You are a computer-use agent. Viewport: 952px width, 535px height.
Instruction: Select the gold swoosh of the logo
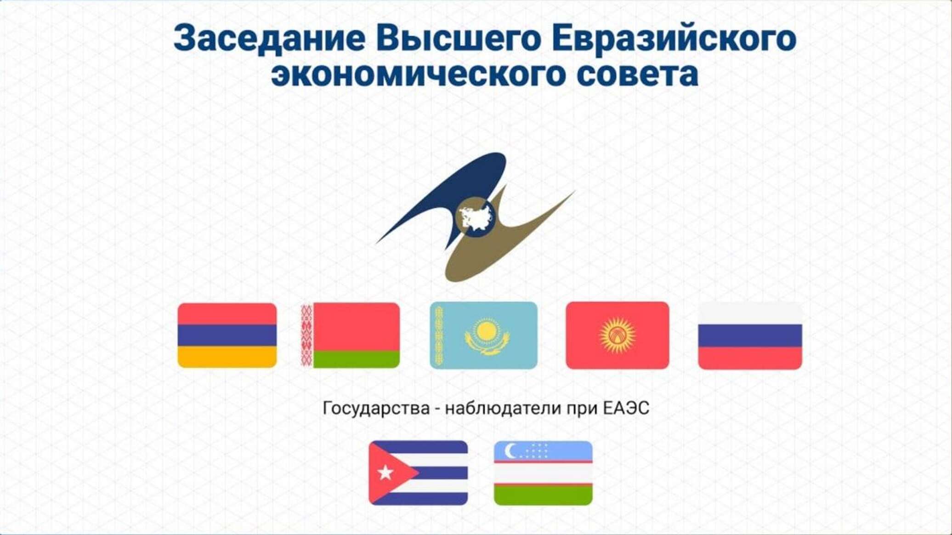pos(505,244)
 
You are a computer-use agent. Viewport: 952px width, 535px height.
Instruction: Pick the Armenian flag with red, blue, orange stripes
pos(227,335)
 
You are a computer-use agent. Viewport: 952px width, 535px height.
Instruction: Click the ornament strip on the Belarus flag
pos(306,335)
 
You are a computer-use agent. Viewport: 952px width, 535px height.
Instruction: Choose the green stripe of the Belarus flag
pos(357,359)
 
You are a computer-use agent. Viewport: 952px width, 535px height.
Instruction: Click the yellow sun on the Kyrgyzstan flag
pos(618,335)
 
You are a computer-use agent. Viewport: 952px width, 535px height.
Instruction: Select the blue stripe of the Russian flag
pos(750,336)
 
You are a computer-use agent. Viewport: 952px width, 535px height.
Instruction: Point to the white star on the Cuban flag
pos(385,472)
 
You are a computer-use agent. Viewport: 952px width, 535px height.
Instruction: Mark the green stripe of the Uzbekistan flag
pos(543,495)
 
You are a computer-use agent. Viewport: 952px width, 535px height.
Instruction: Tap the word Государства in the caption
pos(376,408)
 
